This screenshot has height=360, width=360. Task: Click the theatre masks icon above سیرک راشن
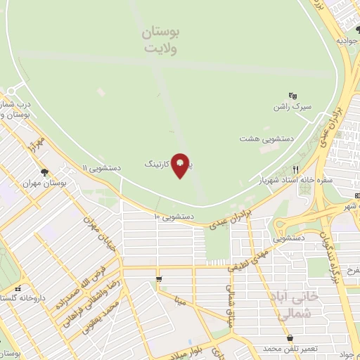pyautogui.click(x=293, y=96)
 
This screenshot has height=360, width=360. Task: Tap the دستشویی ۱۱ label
pyautogui.click(x=101, y=169)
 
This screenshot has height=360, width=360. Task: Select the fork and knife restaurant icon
pyautogui.click(x=295, y=169)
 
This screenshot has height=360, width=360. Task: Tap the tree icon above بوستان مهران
pyautogui.click(x=44, y=172)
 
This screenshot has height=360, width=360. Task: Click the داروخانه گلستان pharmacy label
pyautogui.click(x=22, y=298)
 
